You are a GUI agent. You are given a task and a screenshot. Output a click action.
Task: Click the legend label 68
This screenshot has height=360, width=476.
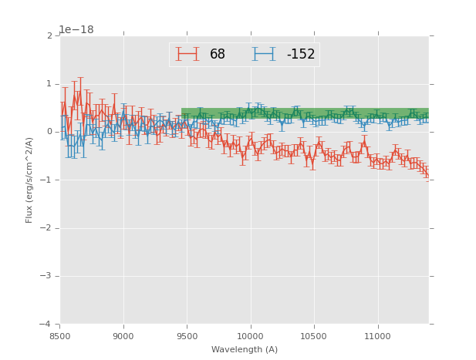click(x=218, y=55)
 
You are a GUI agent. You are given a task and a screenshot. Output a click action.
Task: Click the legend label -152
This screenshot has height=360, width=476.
click(x=300, y=55)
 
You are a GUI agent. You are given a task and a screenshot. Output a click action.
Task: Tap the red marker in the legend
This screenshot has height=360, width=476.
click(x=187, y=55)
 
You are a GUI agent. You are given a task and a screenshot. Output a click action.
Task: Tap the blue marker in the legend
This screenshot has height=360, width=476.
click(x=264, y=55)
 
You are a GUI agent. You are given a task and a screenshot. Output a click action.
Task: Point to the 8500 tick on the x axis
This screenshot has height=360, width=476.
click(x=60, y=336)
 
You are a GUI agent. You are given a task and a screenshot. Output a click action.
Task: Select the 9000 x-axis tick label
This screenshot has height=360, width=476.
click(x=123, y=336)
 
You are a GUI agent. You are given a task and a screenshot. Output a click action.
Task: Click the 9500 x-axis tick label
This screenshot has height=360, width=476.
click(x=187, y=336)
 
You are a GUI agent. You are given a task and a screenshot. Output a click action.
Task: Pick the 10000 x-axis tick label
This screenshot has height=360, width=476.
click(x=250, y=336)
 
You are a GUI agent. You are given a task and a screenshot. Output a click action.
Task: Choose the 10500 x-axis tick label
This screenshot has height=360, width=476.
click(x=313, y=336)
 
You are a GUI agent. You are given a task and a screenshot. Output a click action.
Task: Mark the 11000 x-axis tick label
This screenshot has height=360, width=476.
click(x=377, y=336)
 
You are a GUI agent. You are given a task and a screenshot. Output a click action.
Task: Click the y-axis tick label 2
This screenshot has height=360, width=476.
click(x=49, y=36)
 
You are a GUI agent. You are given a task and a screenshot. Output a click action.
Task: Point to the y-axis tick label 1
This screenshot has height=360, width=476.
click(x=49, y=84)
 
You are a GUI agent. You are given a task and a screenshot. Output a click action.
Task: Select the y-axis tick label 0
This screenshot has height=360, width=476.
click(x=49, y=132)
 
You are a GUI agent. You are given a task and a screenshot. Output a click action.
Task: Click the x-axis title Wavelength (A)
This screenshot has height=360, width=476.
click(x=244, y=350)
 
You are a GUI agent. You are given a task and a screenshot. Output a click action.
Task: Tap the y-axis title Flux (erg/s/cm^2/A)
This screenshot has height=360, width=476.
click(x=29, y=180)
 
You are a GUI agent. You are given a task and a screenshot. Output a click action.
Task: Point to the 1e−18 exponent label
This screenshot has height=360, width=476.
click(x=76, y=29)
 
